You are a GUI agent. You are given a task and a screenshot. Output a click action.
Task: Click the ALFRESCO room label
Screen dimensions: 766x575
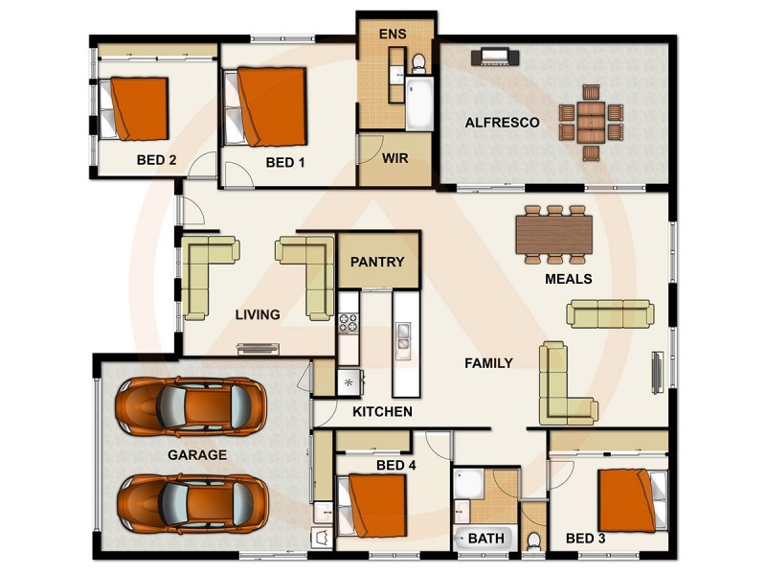pos(502,123)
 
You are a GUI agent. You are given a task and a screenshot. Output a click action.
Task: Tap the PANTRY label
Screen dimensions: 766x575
pos(377,262)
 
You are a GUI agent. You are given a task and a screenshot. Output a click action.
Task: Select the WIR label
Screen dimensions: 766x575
pos(395,158)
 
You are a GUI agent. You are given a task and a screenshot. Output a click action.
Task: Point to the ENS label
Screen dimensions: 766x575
pos(393,34)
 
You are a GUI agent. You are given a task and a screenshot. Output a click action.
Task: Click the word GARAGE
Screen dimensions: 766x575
pos(197,454)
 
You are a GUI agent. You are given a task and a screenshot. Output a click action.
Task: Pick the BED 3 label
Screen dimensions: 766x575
pos(585,539)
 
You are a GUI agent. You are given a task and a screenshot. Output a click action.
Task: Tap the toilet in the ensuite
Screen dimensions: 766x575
pos(418,63)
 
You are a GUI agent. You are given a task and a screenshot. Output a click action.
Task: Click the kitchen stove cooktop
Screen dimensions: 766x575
pos(349,323)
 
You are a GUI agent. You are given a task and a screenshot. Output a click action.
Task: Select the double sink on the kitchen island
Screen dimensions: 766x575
pos(403,335)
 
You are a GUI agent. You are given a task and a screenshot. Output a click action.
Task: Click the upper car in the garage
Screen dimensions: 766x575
pos(191,406)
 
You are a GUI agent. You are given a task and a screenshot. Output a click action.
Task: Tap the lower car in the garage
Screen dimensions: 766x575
pos(192,504)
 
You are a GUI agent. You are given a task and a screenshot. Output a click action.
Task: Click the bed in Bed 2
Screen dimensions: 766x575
pos(134,108)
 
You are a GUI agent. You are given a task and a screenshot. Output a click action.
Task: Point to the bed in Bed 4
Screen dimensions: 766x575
pos(372,506)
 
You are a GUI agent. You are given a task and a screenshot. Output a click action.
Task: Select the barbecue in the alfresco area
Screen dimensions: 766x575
pos(495,57)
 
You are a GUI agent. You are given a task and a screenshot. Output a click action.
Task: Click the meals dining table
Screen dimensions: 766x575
pos(554,235)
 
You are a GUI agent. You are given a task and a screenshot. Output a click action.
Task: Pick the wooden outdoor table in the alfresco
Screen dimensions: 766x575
pos(591,123)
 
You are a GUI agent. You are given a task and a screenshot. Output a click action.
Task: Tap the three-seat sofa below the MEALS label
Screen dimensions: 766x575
pos(610,314)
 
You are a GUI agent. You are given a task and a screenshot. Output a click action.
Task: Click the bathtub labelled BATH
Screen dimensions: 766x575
pos(485,539)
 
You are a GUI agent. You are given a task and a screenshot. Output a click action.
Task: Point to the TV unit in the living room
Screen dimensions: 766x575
pos(258,349)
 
